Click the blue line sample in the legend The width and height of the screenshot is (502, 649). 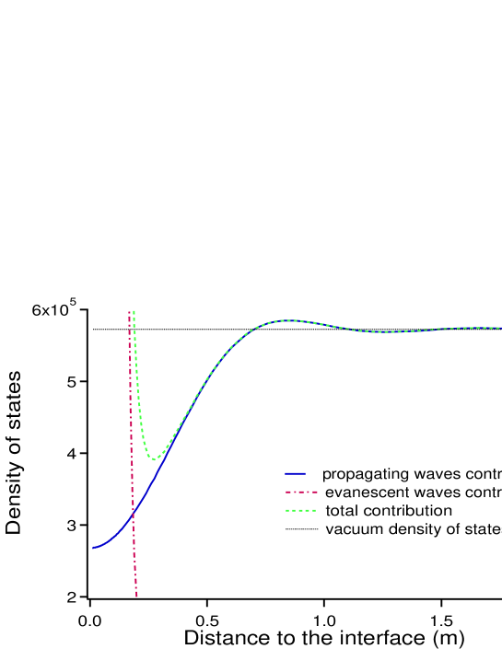pos(295,474)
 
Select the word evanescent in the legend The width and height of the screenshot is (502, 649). pos(366,493)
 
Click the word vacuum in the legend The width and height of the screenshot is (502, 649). pos(353,529)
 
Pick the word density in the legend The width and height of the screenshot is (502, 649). pos(411,529)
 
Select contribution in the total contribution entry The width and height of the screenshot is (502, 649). pos(406,511)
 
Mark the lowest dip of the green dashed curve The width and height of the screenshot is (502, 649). pos(155,459)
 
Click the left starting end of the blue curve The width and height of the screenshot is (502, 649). pos(92,549)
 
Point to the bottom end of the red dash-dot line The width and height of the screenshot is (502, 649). pos(136,597)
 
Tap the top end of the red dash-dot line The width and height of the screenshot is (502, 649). pos(129,312)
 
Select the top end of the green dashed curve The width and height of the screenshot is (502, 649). pos(134,311)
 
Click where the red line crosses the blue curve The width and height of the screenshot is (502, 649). pos(134,511)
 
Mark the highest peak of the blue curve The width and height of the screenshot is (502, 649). pos(288,320)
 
